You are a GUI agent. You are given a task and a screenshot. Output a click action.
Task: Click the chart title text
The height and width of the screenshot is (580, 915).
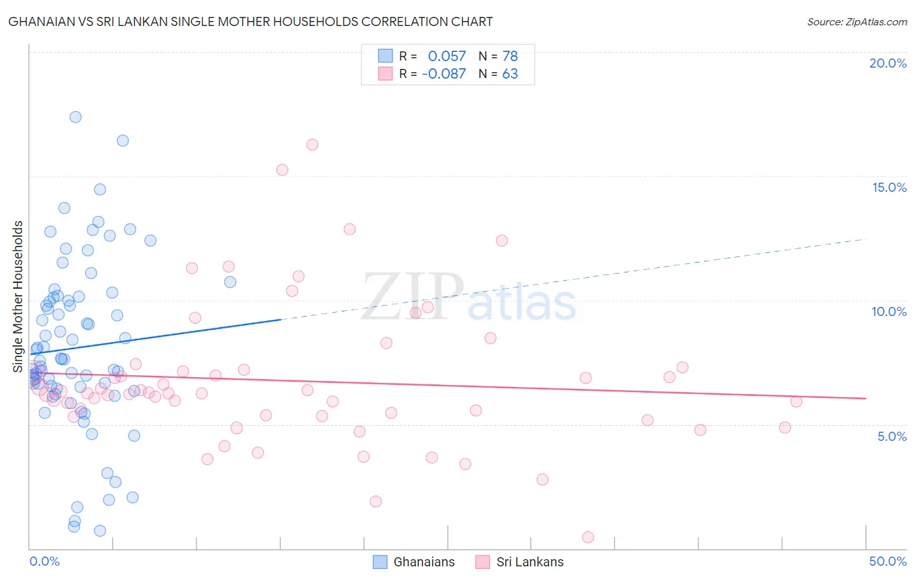(x=251, y=21)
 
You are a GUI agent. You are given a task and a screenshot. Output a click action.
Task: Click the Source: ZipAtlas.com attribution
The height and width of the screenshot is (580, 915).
(x=856, y=21)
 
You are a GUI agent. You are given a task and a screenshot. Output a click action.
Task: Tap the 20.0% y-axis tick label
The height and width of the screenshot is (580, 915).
(x=888, y=63)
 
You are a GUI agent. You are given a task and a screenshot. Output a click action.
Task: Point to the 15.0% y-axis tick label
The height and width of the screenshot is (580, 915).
(x=889, y=187)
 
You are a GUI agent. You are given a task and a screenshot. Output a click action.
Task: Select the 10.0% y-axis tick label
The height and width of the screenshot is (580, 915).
(x=889, y=311)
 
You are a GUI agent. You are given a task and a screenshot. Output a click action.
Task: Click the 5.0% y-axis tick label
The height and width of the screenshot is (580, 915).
(x=892, y=436)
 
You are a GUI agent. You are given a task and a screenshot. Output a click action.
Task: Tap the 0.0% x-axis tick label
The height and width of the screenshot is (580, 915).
(x=44, y=561)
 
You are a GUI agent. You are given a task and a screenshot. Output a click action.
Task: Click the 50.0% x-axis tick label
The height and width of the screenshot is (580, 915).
(x=888, y=561)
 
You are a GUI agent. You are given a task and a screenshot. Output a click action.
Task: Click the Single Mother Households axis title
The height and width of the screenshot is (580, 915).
(x=18, y=297)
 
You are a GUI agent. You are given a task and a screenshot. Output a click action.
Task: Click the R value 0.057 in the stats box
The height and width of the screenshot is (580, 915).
(x=446, y=57)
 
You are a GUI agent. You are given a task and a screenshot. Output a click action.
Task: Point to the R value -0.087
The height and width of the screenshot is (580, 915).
(x=444, y=74)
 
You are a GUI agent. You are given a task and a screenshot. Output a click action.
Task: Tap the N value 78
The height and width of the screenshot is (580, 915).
(x=510, y=57)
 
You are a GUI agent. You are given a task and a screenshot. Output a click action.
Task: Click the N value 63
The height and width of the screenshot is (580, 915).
(x=510, y=74)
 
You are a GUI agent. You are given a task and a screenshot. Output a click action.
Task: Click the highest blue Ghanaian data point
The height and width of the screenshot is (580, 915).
(x=75, y=117)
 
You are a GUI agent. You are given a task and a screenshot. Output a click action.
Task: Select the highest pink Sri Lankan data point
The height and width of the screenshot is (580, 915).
(x=312, y=145)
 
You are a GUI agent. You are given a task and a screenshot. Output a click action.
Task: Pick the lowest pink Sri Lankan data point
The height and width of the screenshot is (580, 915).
(x=588, y=537)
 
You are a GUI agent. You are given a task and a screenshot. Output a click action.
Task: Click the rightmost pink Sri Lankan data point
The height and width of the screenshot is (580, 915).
(x=796, y=401)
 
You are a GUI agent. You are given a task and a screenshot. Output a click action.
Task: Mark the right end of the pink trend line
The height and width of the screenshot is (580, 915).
(x=866, y=398)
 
